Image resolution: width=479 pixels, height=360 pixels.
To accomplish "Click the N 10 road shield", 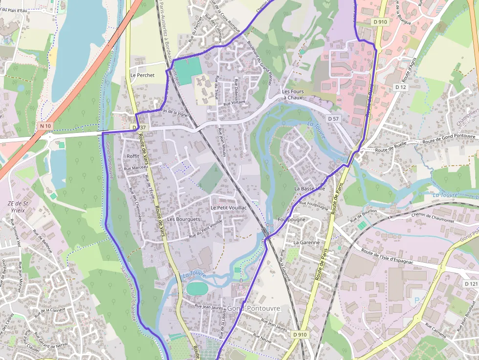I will tap(45, 126).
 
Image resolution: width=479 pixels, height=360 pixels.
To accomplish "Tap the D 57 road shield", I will tap(333, 119).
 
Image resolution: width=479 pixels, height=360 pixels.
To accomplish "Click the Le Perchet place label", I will tap(142, 75).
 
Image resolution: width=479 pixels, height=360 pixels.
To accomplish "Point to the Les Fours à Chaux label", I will tap(293, 94).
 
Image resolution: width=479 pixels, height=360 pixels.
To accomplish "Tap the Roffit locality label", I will tap(133, 156).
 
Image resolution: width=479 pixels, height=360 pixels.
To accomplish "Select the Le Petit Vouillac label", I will tap(229, 208).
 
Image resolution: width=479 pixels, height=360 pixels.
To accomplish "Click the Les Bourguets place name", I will tap(183, 219).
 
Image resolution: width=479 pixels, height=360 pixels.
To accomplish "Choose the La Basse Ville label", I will tap(309, 188).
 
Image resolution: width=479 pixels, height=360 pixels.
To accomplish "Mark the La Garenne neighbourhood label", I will tap(306, 242).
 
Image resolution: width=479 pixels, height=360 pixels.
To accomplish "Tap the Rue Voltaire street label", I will tap(234, 103).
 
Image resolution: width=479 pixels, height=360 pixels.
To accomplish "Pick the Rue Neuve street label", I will tap(262, 336).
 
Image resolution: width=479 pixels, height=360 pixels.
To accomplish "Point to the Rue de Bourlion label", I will tap(363, 215).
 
